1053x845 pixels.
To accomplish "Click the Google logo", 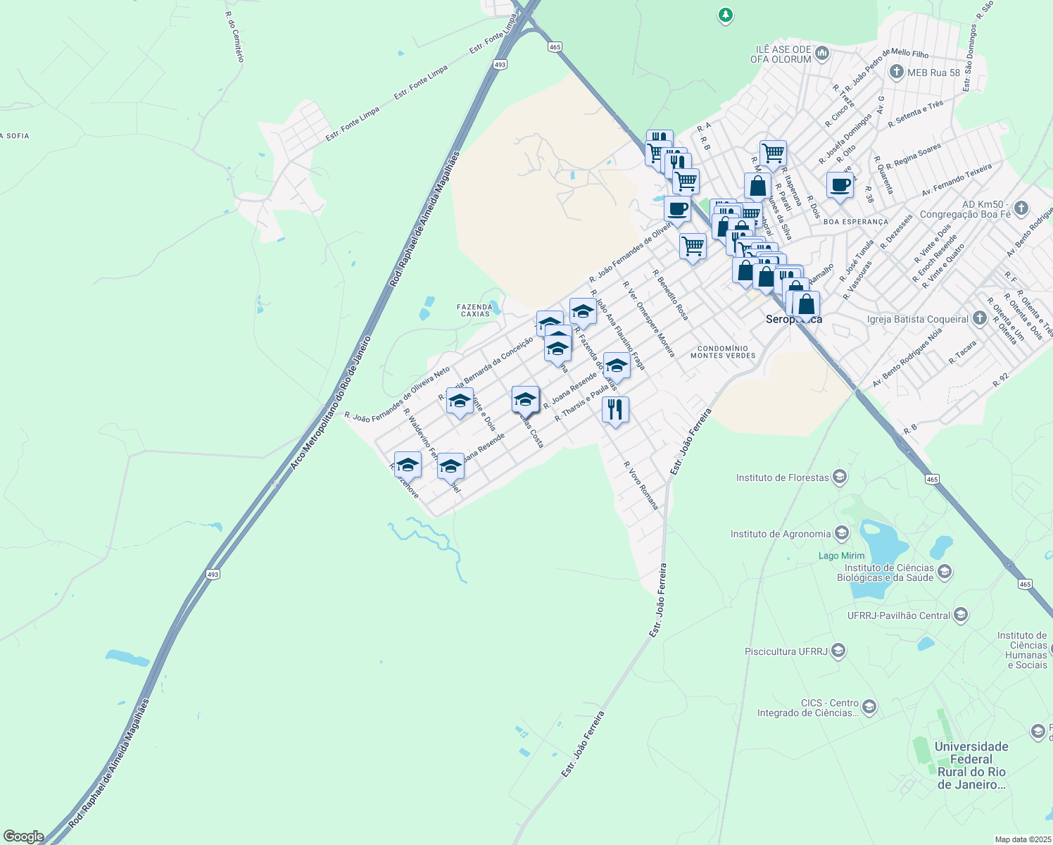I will pos(23,837).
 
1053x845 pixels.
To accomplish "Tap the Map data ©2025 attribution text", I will pos(1022,839).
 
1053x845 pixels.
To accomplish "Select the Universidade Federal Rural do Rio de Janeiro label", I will pos(971,765).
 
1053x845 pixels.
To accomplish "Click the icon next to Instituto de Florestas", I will pos(839,477).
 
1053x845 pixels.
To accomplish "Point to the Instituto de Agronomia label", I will pos(781,534).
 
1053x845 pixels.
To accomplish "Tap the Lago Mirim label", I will pos(841,556).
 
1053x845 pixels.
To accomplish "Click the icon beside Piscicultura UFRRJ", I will pos(838,651).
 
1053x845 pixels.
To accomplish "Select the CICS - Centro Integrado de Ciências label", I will pos(807,708).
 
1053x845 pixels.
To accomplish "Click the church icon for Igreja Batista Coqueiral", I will pos(979,318).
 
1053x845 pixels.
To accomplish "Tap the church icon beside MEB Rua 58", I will pos(897,72).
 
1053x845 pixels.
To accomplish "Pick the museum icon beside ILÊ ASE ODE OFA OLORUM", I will pos(821,53).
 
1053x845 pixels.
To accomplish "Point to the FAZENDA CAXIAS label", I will pos(474,310).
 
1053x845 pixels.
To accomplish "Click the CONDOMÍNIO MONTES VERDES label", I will pos(723,351).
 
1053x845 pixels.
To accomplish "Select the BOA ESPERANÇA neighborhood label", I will pos(855,222).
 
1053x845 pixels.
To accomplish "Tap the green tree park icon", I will pos(726,14).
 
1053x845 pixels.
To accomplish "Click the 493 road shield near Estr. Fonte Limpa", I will pos(500,64).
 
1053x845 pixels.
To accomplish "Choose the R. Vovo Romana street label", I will pos(641,485).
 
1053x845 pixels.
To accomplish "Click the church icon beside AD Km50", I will pos(1021,208).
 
